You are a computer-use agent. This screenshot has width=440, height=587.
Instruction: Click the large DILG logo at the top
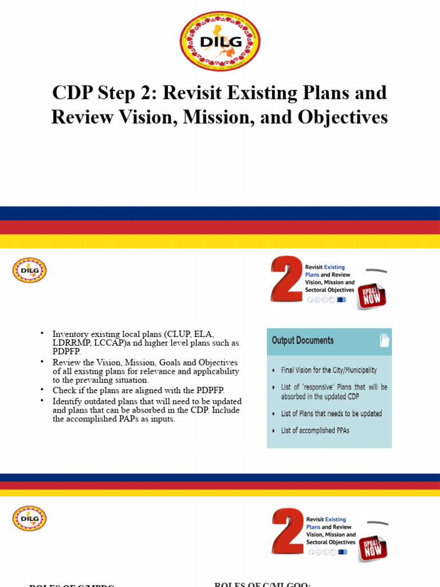pyautogui.click(x=219, y=41)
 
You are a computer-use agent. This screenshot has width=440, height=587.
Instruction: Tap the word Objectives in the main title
pyautogui.click(x=343, y=117)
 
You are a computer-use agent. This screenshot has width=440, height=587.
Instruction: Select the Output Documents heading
pyautogui.click(x=302, y=341)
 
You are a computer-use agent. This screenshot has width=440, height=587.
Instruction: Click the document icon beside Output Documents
pyautogui.click(x=384, y=341)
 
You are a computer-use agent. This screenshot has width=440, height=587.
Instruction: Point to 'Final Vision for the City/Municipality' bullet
pyautogui.click(x=329, y=370)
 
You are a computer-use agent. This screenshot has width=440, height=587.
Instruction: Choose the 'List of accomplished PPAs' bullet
pyautogui.click(x=315, y=431)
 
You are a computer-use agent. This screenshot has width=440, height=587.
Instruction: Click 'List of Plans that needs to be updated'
pyautogui.click(x=331, y=413)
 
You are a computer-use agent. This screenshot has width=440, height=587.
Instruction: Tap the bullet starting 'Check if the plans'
pyautogui.click(x=139, y=390)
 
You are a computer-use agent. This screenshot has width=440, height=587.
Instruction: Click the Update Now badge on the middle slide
pyautogui.click(x=372, y=295)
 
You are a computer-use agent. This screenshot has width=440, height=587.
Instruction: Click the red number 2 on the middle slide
pyautogui.click(x=286, y=279)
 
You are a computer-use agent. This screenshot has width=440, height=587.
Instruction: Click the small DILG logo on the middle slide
pyautogui.click(x=29, y=270)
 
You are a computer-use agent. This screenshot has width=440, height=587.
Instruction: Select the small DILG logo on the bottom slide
pyautogui.click(x=29, y=518)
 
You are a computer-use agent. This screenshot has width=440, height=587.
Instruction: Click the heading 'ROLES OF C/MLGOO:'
pyautogui.click(x=262, y=584)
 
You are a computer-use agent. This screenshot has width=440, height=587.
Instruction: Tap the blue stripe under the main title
pyautogui.click(x=220, y=213)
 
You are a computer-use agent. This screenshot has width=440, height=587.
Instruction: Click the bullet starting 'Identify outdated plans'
pyautogui.click(x=147, y=410)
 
